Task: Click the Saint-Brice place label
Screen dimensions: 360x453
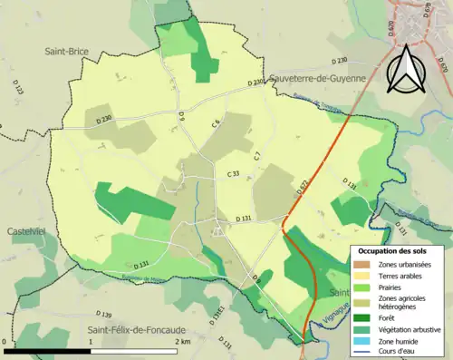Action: pyautogui.click(x=66, y=52)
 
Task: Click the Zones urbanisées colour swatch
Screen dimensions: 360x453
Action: pyautogui.click(x=362, y=264)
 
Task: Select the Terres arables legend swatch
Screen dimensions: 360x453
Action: pyautogui.click(x=362, y=275)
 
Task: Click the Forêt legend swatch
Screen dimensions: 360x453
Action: pyautogui.click(x=362, y=316)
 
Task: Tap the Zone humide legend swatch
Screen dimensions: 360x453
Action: pyautogui.click(x=362, y=342)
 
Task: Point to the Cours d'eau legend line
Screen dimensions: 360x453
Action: pyautogui.click(x=362, y=352)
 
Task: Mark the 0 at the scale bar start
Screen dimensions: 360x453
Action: pyautogui.click(x=5, y=342)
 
